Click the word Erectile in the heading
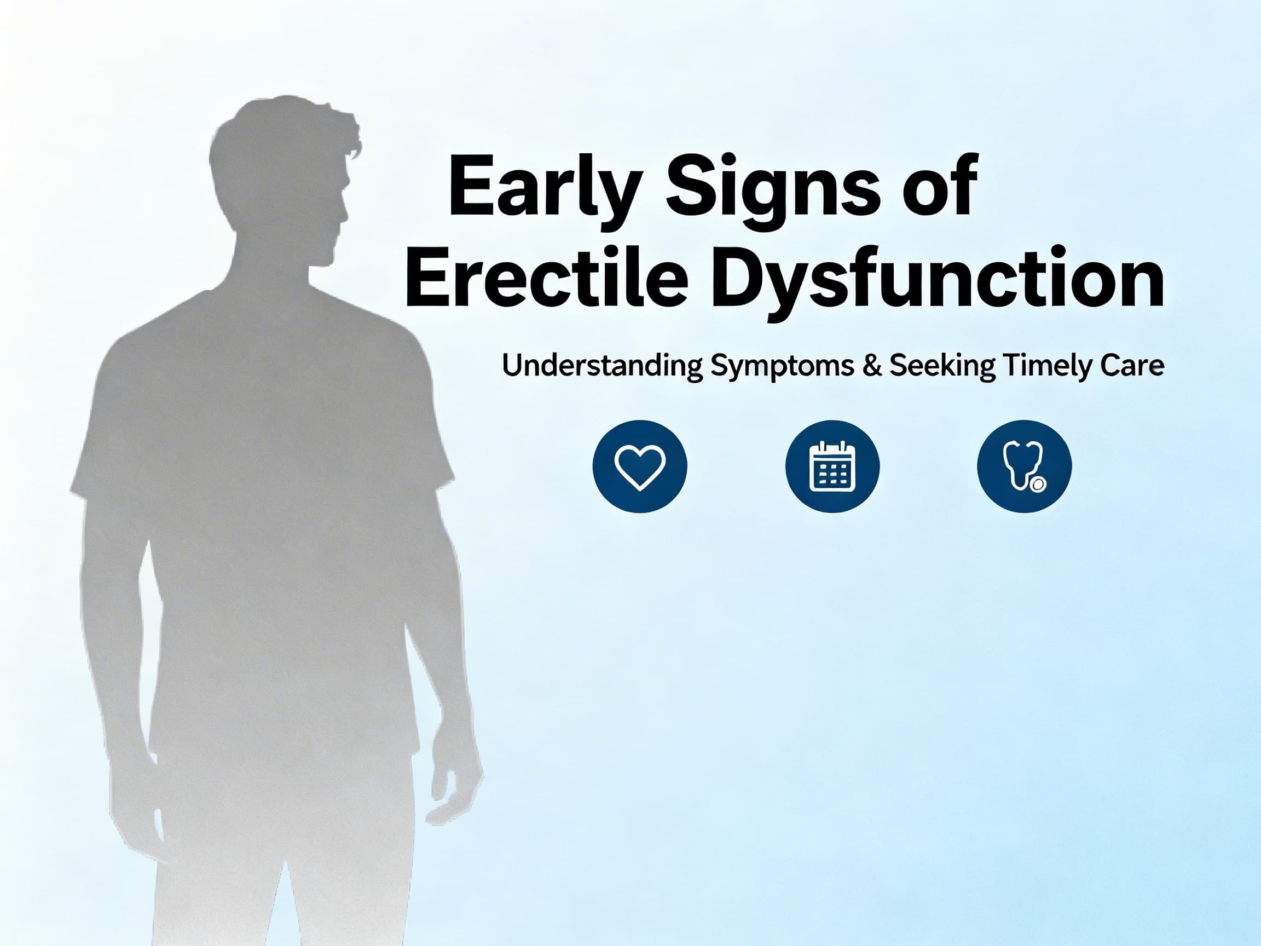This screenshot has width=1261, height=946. pyautogui.click(x=545, y=279)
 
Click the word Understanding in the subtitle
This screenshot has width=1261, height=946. pyautogui.click(x=601, y=366)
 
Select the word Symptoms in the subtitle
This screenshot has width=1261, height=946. pyautogui.click(x=782, y=366)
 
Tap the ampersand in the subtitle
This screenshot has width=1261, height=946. pyautogui.click(x=872, y=366)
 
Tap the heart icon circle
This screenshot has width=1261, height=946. pyautogui.click(x=640, y=466)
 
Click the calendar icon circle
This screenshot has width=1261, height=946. pyautogui.click(x=832, y=466)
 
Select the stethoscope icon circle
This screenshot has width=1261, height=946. pyautogui.click(x=1025, y=466)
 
